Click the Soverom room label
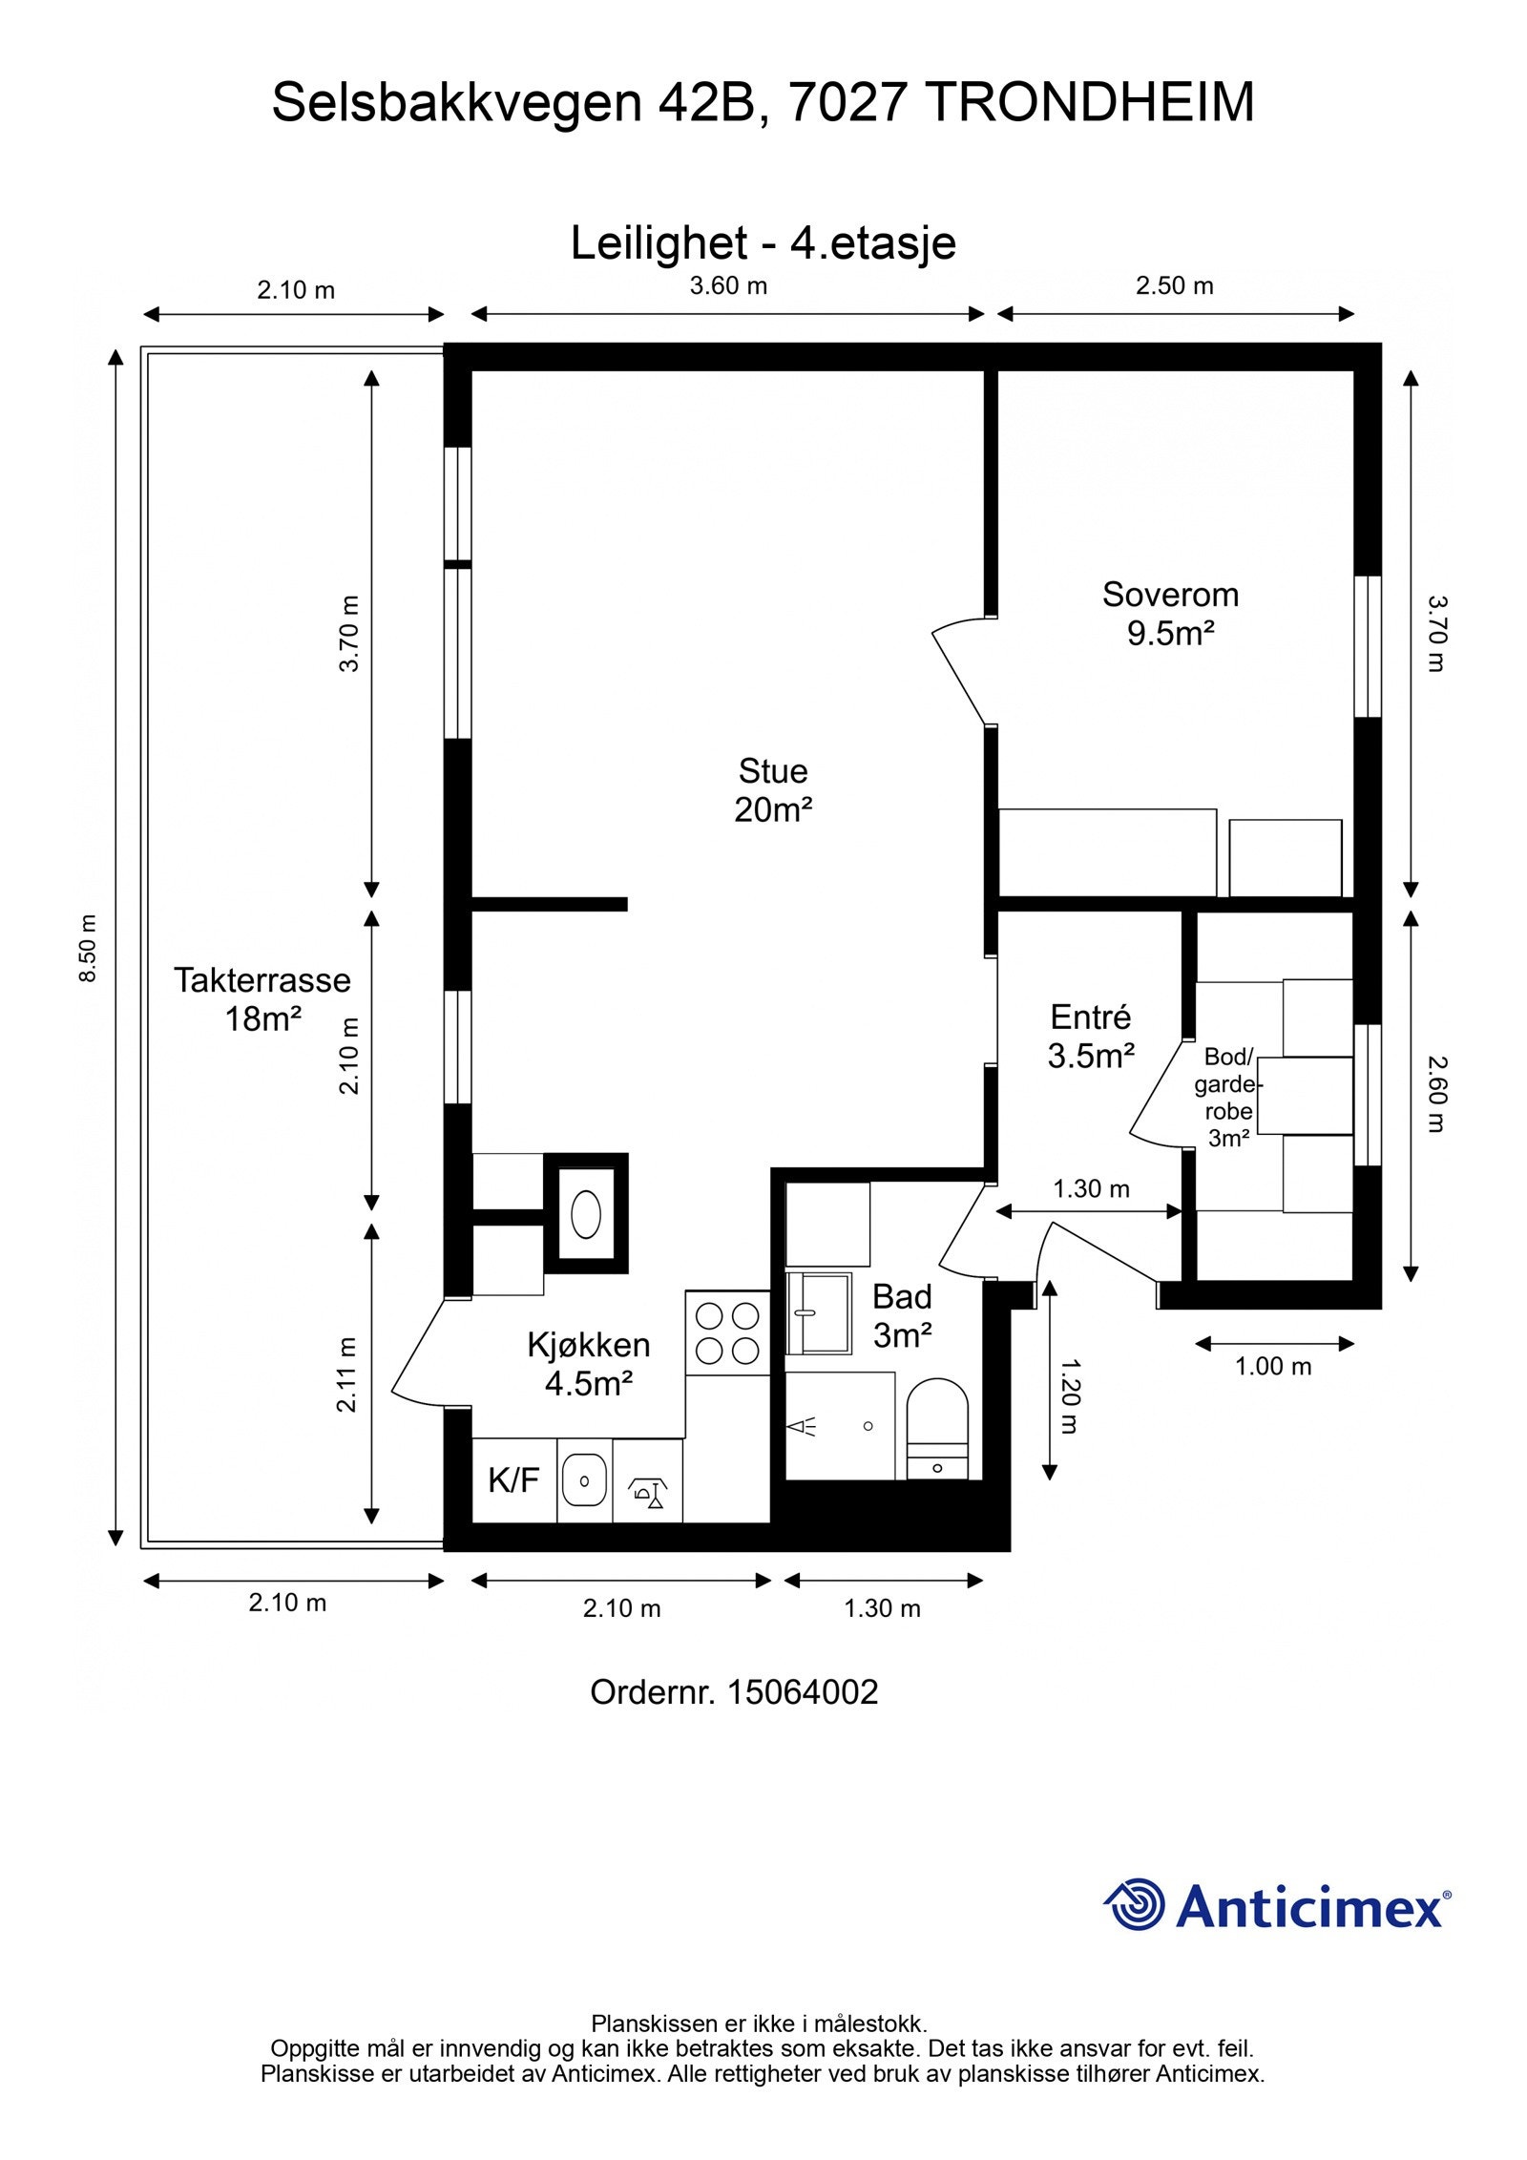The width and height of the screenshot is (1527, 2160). pos(1170,595)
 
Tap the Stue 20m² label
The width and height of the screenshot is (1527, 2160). pos(773,790)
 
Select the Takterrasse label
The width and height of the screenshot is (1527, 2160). pos(262,980)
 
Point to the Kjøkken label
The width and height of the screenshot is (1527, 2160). pos(589,1345)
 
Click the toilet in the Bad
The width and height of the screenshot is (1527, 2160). pos(936,1428)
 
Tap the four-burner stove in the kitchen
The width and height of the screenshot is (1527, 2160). pos(727,1333)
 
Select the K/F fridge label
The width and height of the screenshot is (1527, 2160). pos(513,1480)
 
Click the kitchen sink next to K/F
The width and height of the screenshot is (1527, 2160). pos(584,1481)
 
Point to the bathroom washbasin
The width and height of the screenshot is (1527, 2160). pos(818,1313)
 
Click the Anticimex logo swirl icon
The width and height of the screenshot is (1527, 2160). pos(1134,1904)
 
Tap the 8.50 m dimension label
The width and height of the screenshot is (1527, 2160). pos(88,949)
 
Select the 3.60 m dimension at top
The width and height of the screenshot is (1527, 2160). pos(728,285)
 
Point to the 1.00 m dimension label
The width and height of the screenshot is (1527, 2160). pos(1273,1366)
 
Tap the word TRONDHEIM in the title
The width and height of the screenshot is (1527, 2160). pos(1091,102)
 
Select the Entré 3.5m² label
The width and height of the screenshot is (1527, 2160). pos(1091,1036)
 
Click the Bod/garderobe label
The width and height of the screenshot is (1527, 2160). pos(1228,1097)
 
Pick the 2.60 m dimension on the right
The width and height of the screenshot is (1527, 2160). pos(1437,1094)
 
